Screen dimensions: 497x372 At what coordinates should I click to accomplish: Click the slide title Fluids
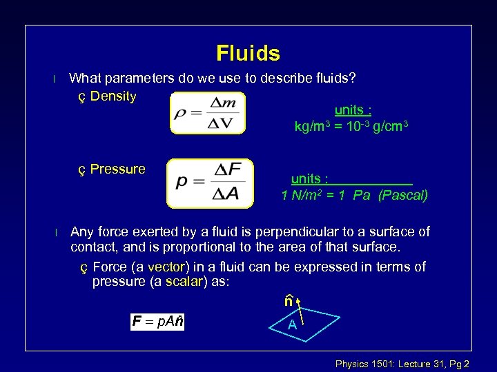tap(248, 53)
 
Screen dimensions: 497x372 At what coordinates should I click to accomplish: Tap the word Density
tap(113, 96)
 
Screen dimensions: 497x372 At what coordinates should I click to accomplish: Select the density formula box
tap(207, 113)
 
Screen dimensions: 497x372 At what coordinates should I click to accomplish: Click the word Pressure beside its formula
tap(118, 169)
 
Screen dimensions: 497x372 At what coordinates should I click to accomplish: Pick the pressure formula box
tap(210, 183)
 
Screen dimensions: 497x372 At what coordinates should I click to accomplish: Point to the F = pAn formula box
tap(158, 322)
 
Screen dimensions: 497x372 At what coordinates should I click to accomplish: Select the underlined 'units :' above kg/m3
tap(353, 110)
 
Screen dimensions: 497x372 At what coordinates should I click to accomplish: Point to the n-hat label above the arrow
tap(289, 301)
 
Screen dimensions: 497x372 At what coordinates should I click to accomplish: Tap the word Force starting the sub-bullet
tap(110, 267)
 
